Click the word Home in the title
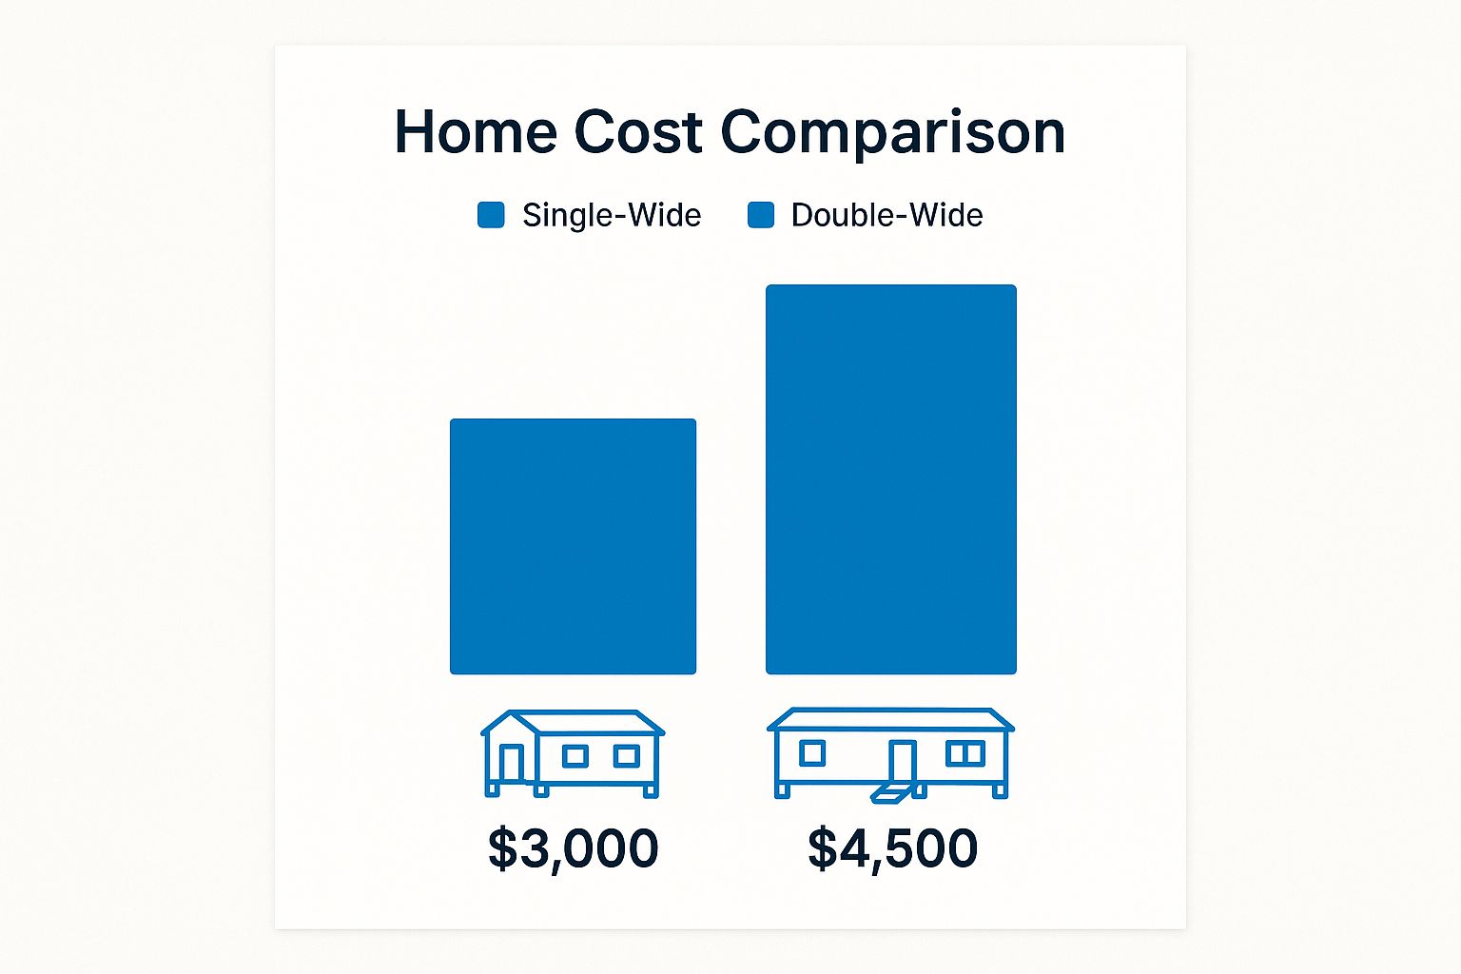(477, 131)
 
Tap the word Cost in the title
(638, 131)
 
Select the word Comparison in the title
(893, 134)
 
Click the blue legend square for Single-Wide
(491, 215)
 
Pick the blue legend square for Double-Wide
(761, 215)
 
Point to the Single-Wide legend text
(612, 215)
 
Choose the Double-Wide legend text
(887, 215)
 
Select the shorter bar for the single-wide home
(574, 547)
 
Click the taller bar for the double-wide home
(891, 479)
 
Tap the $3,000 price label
(574, 848)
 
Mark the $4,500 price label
(893, 848)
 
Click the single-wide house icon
(573, 753)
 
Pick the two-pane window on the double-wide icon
(965, 753)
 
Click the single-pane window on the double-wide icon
(812, 753)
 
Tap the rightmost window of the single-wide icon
(626, 756)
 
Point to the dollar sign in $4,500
(823, 848)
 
